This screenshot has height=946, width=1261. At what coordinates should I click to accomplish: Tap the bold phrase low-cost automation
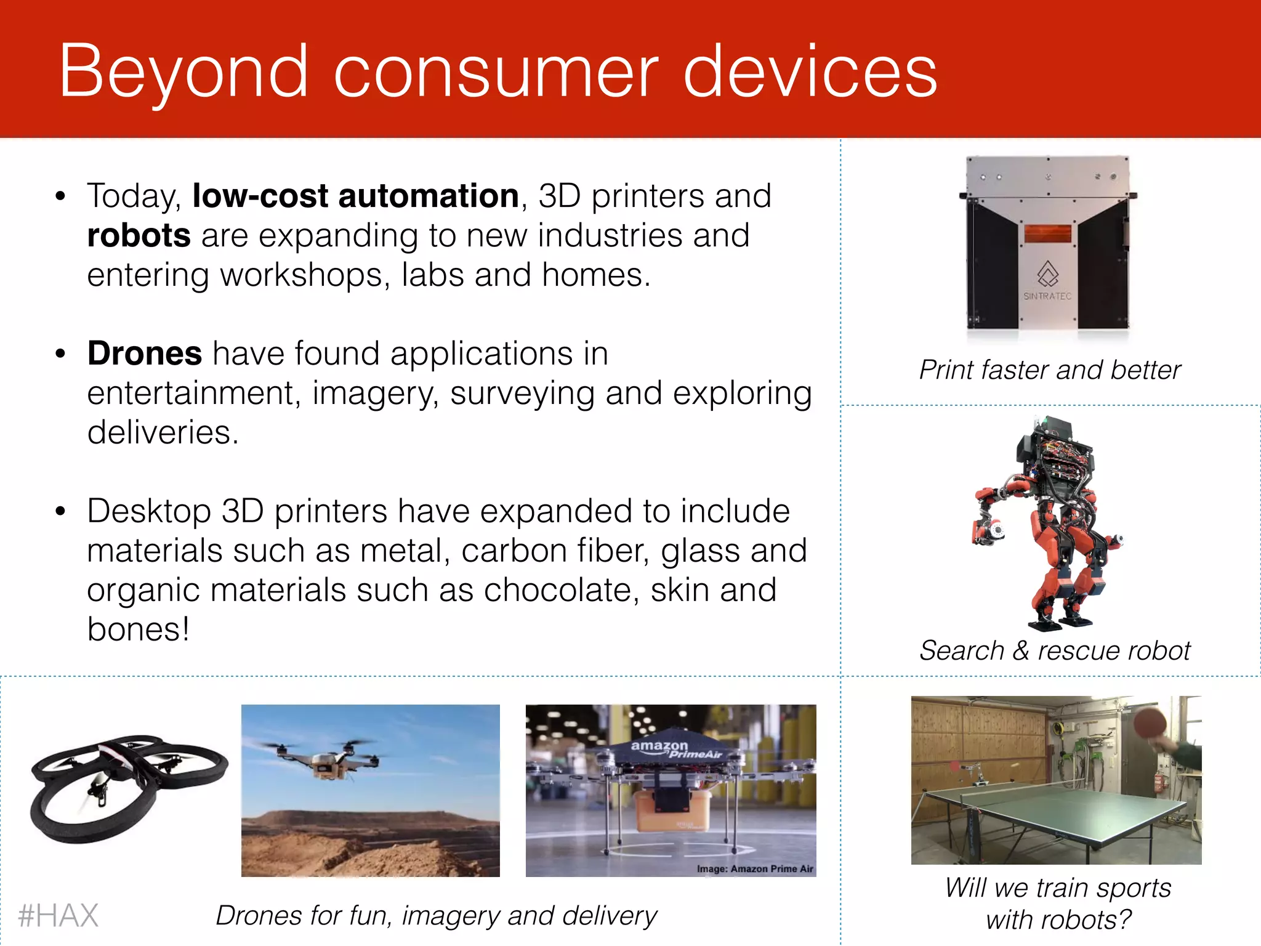coord(355,196)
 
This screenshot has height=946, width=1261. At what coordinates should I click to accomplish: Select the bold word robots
coord(139,236)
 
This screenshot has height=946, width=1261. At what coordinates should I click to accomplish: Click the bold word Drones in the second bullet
coord(145,354)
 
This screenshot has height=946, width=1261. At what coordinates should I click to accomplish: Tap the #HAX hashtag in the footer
coord(58,915)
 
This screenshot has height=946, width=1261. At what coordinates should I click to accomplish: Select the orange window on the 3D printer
coord(1047,234)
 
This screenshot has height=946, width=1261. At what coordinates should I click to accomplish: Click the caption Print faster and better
coord(1050,370)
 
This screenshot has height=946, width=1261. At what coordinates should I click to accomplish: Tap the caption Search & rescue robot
coord(1054,651)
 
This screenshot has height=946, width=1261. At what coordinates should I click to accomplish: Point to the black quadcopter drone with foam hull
coord(126,785)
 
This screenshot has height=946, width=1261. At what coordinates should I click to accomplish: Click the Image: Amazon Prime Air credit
coord(754,869)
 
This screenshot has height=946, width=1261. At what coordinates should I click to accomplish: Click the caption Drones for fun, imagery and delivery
coord(436,916)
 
